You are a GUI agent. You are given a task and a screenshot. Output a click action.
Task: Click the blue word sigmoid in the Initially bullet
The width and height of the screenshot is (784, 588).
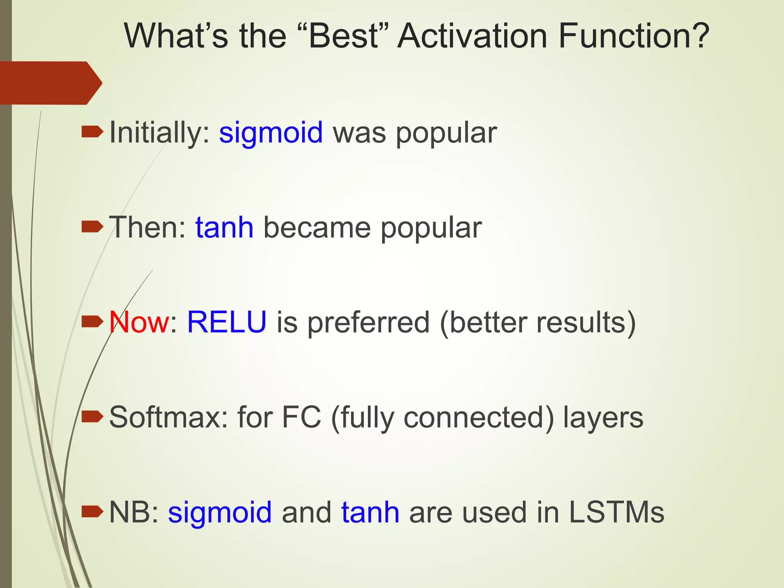tap(271, 133)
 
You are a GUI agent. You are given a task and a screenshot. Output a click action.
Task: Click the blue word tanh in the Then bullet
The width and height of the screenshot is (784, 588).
tap(224, 228)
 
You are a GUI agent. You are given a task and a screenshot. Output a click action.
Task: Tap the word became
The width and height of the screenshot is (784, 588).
tap(317, 228)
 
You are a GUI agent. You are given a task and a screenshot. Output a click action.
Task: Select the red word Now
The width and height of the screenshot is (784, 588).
tap(139, 322)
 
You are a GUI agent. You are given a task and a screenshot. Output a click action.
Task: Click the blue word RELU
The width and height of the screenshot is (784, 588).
tap(227, 322)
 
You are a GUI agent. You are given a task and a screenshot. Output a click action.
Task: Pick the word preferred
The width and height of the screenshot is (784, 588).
tap(369, 322)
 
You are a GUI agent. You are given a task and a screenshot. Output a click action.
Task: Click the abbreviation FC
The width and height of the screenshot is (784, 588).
tap(301, 417)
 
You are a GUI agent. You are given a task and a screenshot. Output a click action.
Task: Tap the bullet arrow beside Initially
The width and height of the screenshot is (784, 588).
tap(92, 132)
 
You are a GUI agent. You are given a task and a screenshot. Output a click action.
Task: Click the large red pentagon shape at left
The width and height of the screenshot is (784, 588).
tap(50, 83)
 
